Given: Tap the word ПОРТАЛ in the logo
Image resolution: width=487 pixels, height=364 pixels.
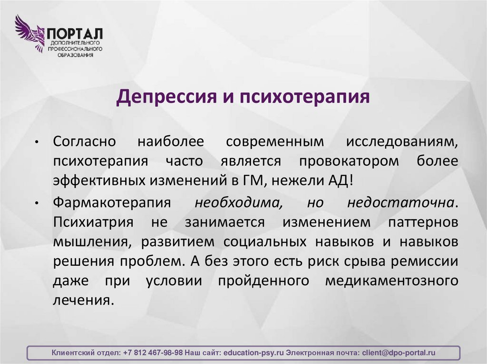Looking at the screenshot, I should tap(75, 35).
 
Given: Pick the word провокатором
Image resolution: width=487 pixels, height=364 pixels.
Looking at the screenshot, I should tap(349, 161).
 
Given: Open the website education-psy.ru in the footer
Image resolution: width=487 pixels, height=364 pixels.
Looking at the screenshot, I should tap(253, 353).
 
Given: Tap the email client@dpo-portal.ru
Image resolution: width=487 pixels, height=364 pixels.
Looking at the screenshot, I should tap(399, 353).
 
